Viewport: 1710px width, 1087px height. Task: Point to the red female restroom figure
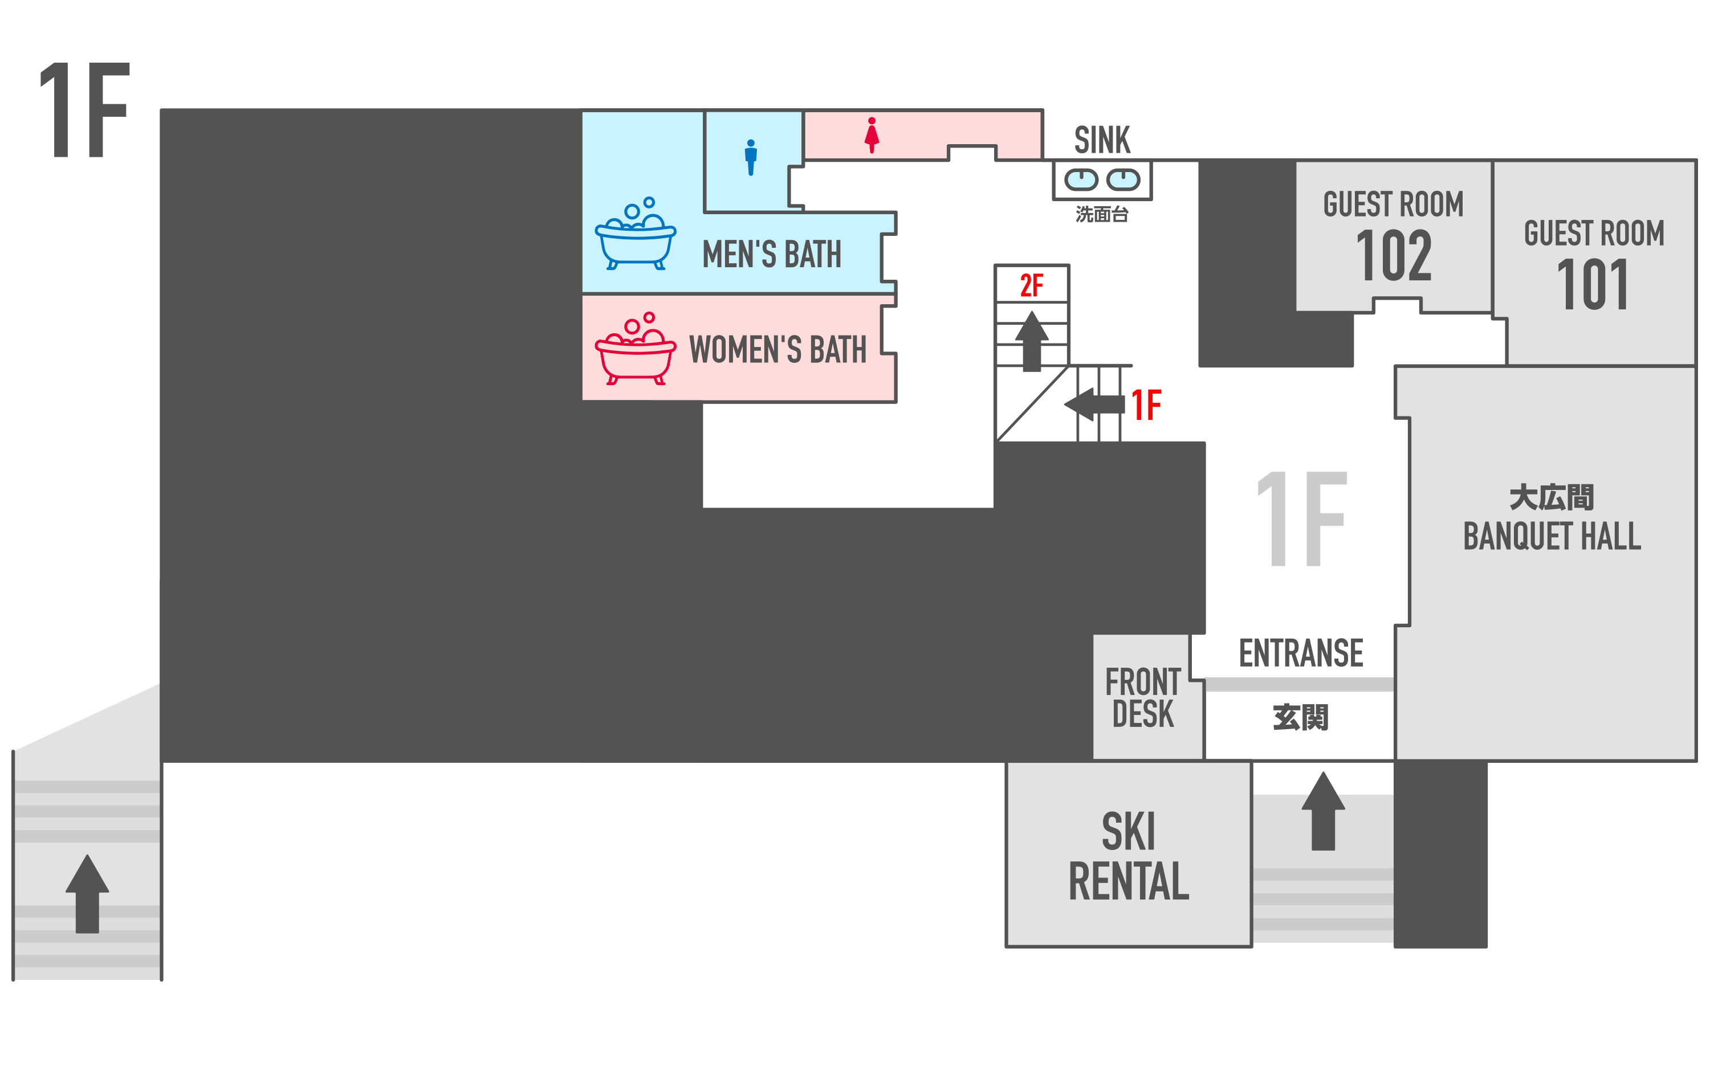[872, 135]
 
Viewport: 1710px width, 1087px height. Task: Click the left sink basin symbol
[1081, 179]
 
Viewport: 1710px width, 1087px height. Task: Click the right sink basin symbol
[1123, 179]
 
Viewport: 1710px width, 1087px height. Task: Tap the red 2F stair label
[1031, 285]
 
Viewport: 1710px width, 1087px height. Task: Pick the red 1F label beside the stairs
[1146, 406]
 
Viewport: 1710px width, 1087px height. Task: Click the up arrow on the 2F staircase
[1032, 341]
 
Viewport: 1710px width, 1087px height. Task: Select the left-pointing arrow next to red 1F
[1094, 404]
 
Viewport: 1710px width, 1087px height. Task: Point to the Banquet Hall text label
[1552, 536]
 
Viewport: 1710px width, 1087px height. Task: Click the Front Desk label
[1143, 697]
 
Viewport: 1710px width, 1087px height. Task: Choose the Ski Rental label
[1129, 856]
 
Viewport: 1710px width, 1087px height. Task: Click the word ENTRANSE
[1301, 653]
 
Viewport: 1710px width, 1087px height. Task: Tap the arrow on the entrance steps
[1323, 811]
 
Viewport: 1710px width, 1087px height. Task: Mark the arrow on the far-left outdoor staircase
[87, 893]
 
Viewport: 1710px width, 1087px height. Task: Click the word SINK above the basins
[1102, 140]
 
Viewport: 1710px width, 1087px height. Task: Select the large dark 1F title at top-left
[84, 109]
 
